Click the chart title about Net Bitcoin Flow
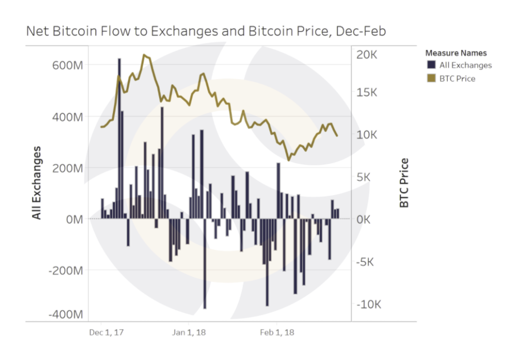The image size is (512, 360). (205, 31)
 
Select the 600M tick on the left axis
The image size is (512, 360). (68, 65)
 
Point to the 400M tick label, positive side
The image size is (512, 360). (68, 117)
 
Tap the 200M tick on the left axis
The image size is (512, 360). (68, 168)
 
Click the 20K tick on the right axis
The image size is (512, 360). (368, 55)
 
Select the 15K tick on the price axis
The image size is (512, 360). (368, 92)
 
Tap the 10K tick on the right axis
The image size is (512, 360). (368, 135)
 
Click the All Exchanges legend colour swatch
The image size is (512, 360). (430, 65)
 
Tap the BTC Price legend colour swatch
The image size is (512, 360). (430, 78)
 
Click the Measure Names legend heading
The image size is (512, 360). (455, 52)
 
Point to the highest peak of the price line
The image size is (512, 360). (144, 55)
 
